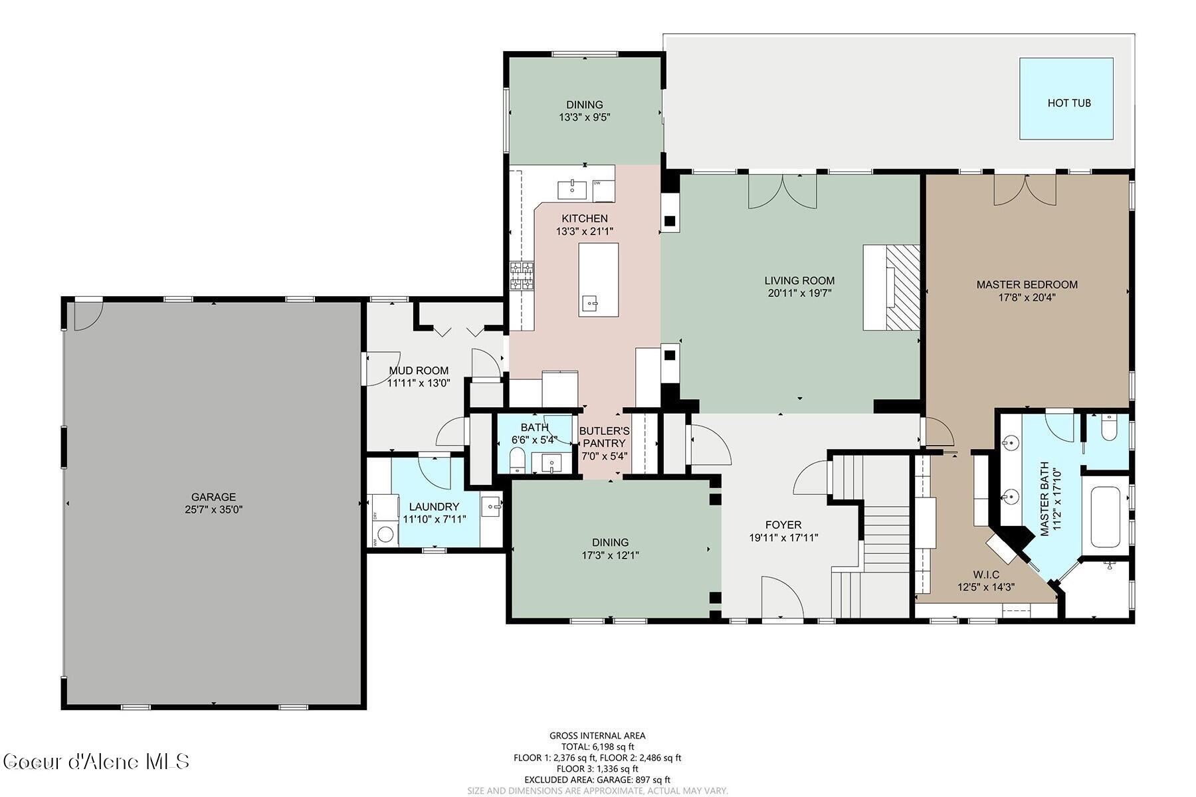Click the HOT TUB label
click(1068, 103)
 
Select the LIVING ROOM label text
click(799, 281)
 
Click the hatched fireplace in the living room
click(903, 287)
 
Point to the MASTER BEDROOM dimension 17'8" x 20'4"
click(1027, 298)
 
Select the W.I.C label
click(985, 575)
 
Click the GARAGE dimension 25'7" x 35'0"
click(213, 509)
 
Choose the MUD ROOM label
click(419, 371)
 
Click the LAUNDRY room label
click(434, 507)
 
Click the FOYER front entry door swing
click(781, 596)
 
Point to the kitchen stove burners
click(522, 276)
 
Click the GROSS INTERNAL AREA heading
click(597, 735)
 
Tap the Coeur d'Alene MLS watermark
click(96, 761)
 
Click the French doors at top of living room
click(783, 191)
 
